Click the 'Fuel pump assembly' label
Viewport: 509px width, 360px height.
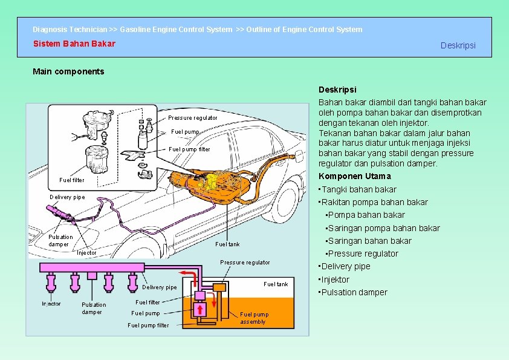[x=254, y=318]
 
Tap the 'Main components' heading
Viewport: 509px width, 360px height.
[x=68, y=71]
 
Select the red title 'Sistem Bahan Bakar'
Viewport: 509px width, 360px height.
[x=74, y=44]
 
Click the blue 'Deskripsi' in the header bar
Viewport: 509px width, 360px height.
[x=458, y=45]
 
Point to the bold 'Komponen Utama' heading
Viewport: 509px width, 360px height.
[x=354, y=176]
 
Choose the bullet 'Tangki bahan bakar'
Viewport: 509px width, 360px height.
[x=359, y=189]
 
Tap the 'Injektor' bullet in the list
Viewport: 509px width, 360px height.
[x=336, y=280]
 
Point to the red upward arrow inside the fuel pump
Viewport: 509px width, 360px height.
[x=199, y=310]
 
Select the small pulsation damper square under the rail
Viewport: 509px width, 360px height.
[x=92, y=275]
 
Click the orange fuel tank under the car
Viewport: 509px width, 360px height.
[x=199, y=182]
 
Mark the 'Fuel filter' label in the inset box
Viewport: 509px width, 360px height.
[x=72, y=180]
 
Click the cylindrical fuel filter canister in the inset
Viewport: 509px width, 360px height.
[x=95, y=159]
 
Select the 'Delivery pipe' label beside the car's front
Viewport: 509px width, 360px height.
[x=67, y=197]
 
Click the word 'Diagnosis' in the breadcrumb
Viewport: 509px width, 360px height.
[x=50, y=29]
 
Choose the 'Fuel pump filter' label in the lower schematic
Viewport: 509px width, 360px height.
[x=148, y=326]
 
